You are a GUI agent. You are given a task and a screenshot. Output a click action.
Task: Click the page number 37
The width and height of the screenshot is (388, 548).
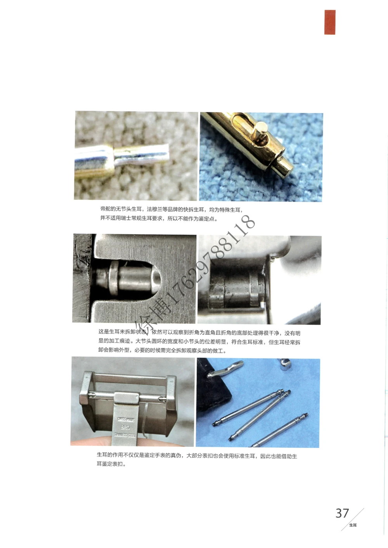[x=342, y=513]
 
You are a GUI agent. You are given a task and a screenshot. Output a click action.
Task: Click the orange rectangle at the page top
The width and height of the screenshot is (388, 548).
[x=330, y=22]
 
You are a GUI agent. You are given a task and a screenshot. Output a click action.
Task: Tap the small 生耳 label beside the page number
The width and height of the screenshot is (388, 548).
[x=353, y=525]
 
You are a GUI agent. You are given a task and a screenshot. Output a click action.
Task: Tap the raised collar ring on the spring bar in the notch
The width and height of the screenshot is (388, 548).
[x=114, y=276]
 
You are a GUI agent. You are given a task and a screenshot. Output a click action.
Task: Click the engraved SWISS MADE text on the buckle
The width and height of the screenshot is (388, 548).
[x=126, y=420]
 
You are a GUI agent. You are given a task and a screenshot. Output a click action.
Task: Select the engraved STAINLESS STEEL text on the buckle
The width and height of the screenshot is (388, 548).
[x=125, y=435]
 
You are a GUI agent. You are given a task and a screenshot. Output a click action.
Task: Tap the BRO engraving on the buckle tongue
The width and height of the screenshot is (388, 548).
[x=125, y=427]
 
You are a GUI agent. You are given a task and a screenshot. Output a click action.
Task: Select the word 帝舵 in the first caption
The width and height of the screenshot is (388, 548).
[x=106, y=210]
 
